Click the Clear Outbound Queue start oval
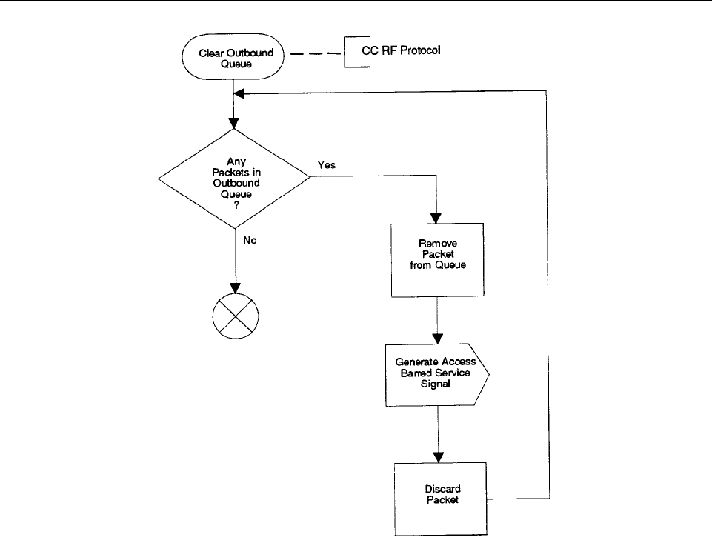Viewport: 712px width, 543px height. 233,57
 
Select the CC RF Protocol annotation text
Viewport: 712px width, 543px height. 401,50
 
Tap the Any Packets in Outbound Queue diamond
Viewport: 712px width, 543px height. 234,179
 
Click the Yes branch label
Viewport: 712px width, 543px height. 327,164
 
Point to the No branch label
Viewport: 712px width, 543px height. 250,240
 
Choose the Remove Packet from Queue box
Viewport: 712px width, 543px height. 438,260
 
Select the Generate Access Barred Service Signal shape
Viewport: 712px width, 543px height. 437,375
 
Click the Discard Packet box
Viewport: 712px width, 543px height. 440,499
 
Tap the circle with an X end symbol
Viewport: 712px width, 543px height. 235,316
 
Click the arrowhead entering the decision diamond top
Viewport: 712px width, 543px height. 234,124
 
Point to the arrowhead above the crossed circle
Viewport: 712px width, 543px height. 235,288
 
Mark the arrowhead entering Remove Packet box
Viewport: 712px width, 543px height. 436,218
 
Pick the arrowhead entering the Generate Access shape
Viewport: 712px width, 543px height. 437,339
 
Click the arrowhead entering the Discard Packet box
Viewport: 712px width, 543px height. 438,458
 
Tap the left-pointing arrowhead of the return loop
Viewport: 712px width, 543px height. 239,93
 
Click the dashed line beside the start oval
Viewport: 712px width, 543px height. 315,53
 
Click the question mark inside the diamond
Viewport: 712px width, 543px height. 236,205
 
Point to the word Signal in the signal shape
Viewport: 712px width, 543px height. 435,384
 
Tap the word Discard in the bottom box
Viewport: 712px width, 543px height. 443,489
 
